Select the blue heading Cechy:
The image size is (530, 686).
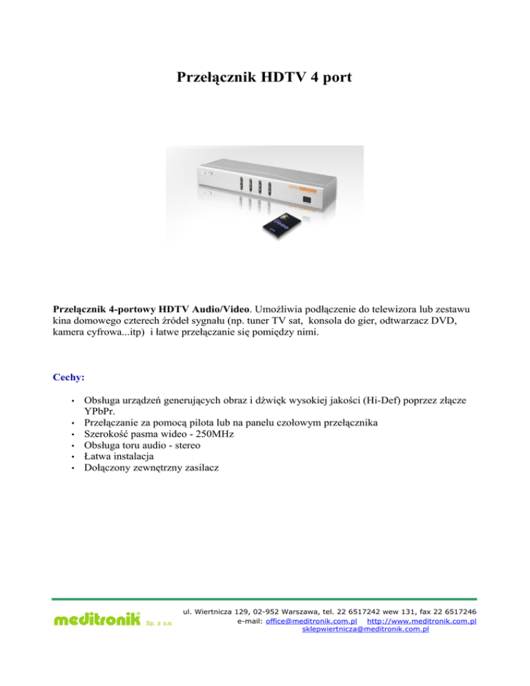[68, 378]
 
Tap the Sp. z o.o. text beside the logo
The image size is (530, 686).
[158, 625]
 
